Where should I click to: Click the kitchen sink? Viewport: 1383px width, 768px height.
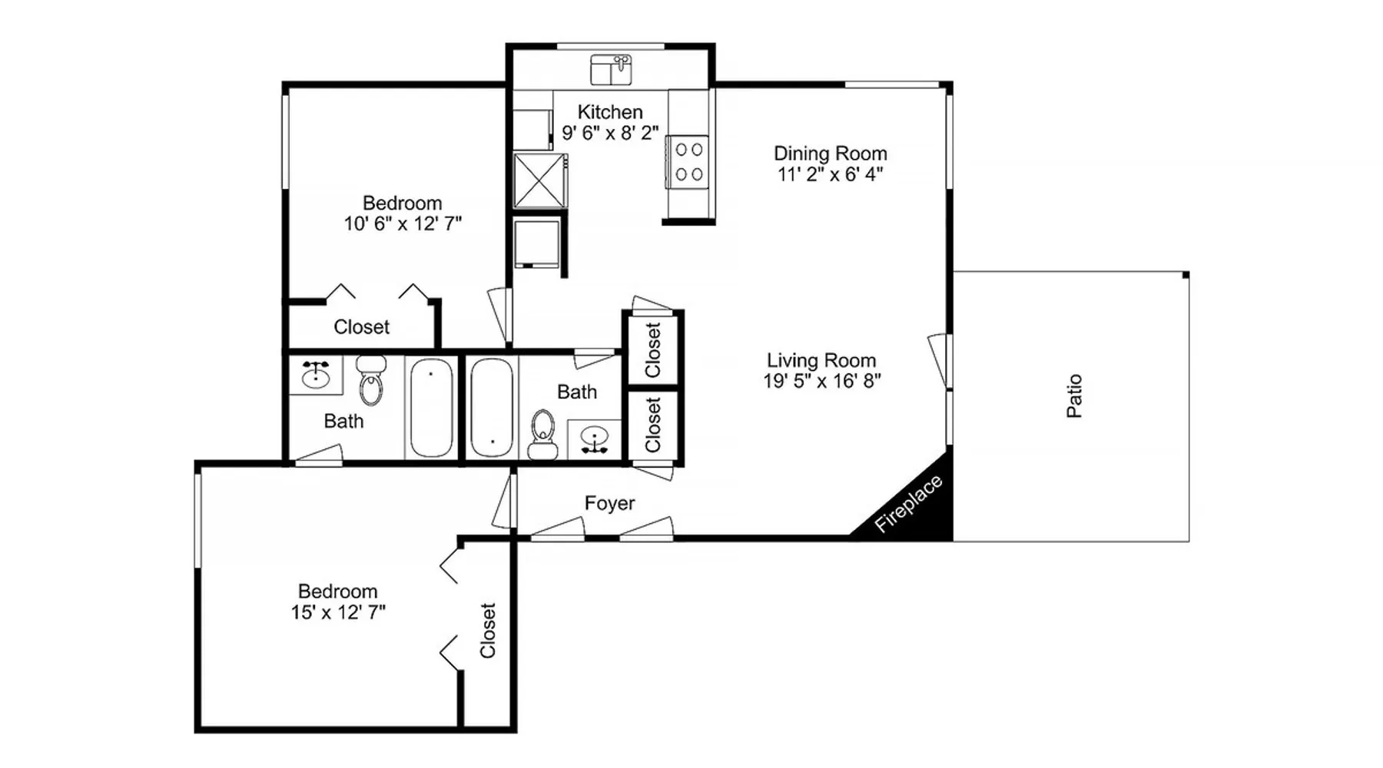click(x=611, y=70)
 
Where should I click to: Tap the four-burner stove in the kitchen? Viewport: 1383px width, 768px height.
click(x=688, y=161)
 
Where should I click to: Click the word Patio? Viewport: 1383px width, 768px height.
click(x=1074, y=396)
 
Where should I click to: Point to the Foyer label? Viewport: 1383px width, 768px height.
click(x=609, y=504)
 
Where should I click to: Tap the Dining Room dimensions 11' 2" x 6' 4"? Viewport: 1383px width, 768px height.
click(x=830, y=174)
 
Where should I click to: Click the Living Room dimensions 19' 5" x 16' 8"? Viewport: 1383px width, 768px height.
click(x=821, y=381)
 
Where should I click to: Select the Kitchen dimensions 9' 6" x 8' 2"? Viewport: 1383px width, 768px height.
click(x=610, y=133)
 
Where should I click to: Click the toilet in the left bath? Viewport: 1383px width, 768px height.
click(x=370, y=380)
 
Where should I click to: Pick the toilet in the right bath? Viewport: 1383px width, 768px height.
click(x=543, y=435)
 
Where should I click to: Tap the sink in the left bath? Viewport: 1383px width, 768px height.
click(x=316, y=375)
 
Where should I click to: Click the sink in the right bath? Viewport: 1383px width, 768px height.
click(x=594, y=440)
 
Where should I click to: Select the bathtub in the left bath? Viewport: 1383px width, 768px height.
click(x=431, y=408)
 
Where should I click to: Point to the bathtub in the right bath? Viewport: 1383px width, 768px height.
click(x=492, y=408)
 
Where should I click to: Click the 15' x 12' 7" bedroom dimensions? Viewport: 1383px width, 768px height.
click(x=338, y=612)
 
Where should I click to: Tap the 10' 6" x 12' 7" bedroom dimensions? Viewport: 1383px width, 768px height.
click(x=403, y=223)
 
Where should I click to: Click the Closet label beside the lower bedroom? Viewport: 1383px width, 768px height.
click(x=488, y=631)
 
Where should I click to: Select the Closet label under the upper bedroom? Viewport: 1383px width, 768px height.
click(x=361, y=327)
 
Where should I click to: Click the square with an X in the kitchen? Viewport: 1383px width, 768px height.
click(x=540, y=180)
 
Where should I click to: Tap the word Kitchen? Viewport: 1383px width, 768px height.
click(x=610, y=112)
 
